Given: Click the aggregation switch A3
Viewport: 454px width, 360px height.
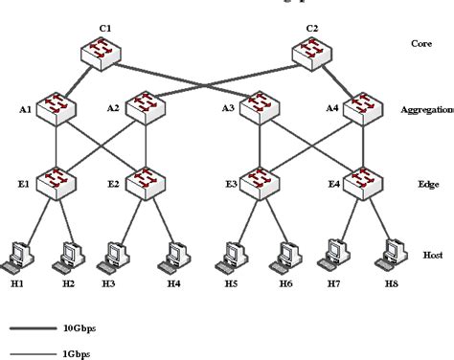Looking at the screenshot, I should (x=261, y=108).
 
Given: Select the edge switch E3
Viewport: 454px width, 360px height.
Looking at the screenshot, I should (x=261, y=181).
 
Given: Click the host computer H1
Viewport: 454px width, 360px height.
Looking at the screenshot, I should (x=18, y=254).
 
